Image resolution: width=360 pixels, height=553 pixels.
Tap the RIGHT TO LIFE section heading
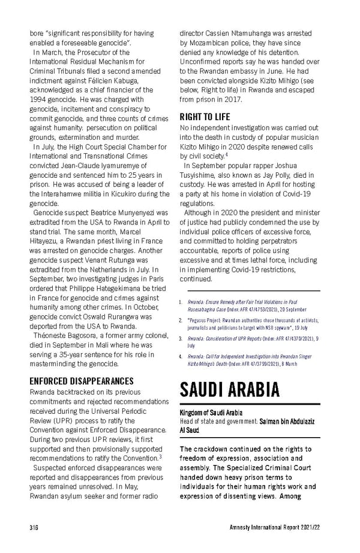tap(205, 116)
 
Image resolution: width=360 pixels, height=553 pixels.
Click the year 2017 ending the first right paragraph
tap(232, 98)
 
